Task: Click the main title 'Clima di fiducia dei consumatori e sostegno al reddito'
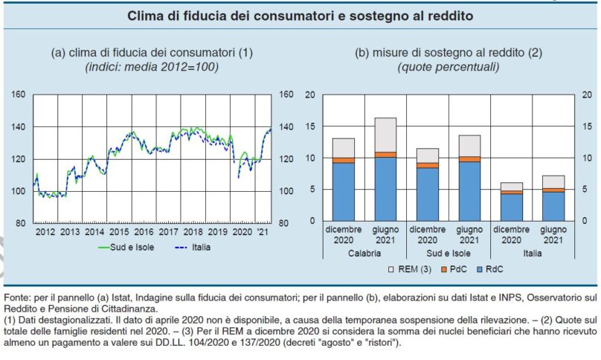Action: coord(300,15)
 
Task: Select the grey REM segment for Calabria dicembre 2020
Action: coord(343,148)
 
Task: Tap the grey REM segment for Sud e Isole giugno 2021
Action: coord(469,146)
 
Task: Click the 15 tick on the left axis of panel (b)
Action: coord(310,127)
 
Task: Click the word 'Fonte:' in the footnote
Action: coord(19,288)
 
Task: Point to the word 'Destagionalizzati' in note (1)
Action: coord(62,320)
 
